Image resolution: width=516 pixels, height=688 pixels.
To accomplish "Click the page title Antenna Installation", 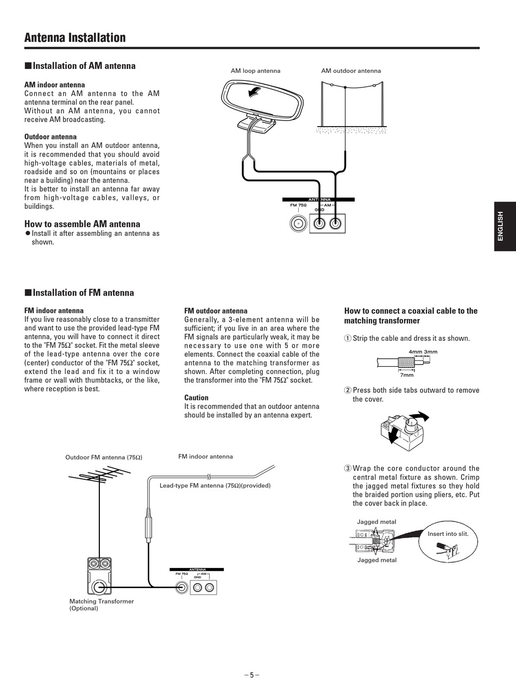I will pyautogui.click(x=75, y=37).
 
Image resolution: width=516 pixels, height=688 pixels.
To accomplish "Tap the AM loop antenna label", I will pyautogui.click(x=255, y=71).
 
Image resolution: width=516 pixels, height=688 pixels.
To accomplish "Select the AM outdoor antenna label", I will pyautogui.click(x=351, y=71).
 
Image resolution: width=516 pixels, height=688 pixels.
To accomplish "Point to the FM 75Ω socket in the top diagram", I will pyautogui.click(x=298, y=223).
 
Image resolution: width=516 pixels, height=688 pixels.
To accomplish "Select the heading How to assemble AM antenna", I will pyautogui.click(x=82, y=224).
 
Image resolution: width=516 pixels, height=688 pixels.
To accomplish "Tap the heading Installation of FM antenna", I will pyautogui.click(x=83, y=293).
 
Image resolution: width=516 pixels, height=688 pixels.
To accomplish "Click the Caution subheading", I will pyautogui.click(x=196, y=398).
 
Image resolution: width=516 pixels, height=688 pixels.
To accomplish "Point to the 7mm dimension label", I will pyautogui.click(x=407, y=375).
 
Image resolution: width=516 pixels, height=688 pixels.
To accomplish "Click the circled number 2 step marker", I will pyautogui.click(x=348, y=390).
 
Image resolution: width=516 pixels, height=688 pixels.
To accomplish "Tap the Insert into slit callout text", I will pyautogui.click(x=448, y=534).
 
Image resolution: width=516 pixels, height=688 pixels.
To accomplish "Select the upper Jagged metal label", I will pyautogui.click(x=376, y=522).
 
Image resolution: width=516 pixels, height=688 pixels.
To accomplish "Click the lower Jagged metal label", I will pyautogui.click(x=376, y=560).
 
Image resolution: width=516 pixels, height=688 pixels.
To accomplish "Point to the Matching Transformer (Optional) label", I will pyautogui.click(x=102, y=605).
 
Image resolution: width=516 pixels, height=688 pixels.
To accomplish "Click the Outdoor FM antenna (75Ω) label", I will pyautogui.click(x=104, y=458).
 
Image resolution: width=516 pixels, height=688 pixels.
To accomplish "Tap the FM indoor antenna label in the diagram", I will pyautogui.click(x=205, y=456).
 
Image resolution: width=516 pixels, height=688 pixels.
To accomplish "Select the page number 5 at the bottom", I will pyautogui.click(x=251, y=675).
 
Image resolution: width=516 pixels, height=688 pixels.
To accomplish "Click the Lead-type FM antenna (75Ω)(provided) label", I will pyautogui.click(x=215, y=485).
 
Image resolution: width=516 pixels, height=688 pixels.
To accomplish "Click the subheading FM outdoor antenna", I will pyautogui.click(x=216, y=311).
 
